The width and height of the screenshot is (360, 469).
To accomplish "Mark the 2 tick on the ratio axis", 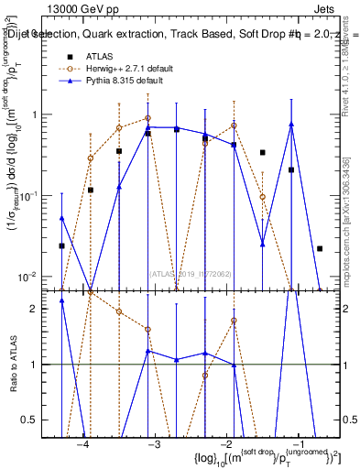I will point(38,309).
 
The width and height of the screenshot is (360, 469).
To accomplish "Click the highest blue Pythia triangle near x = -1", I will point(290,124).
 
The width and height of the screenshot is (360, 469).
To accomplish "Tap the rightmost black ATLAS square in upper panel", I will point(320,248).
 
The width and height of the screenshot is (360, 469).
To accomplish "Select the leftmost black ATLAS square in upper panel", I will point(61,245).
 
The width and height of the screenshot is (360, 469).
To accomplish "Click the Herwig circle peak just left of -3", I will point(147,118).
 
